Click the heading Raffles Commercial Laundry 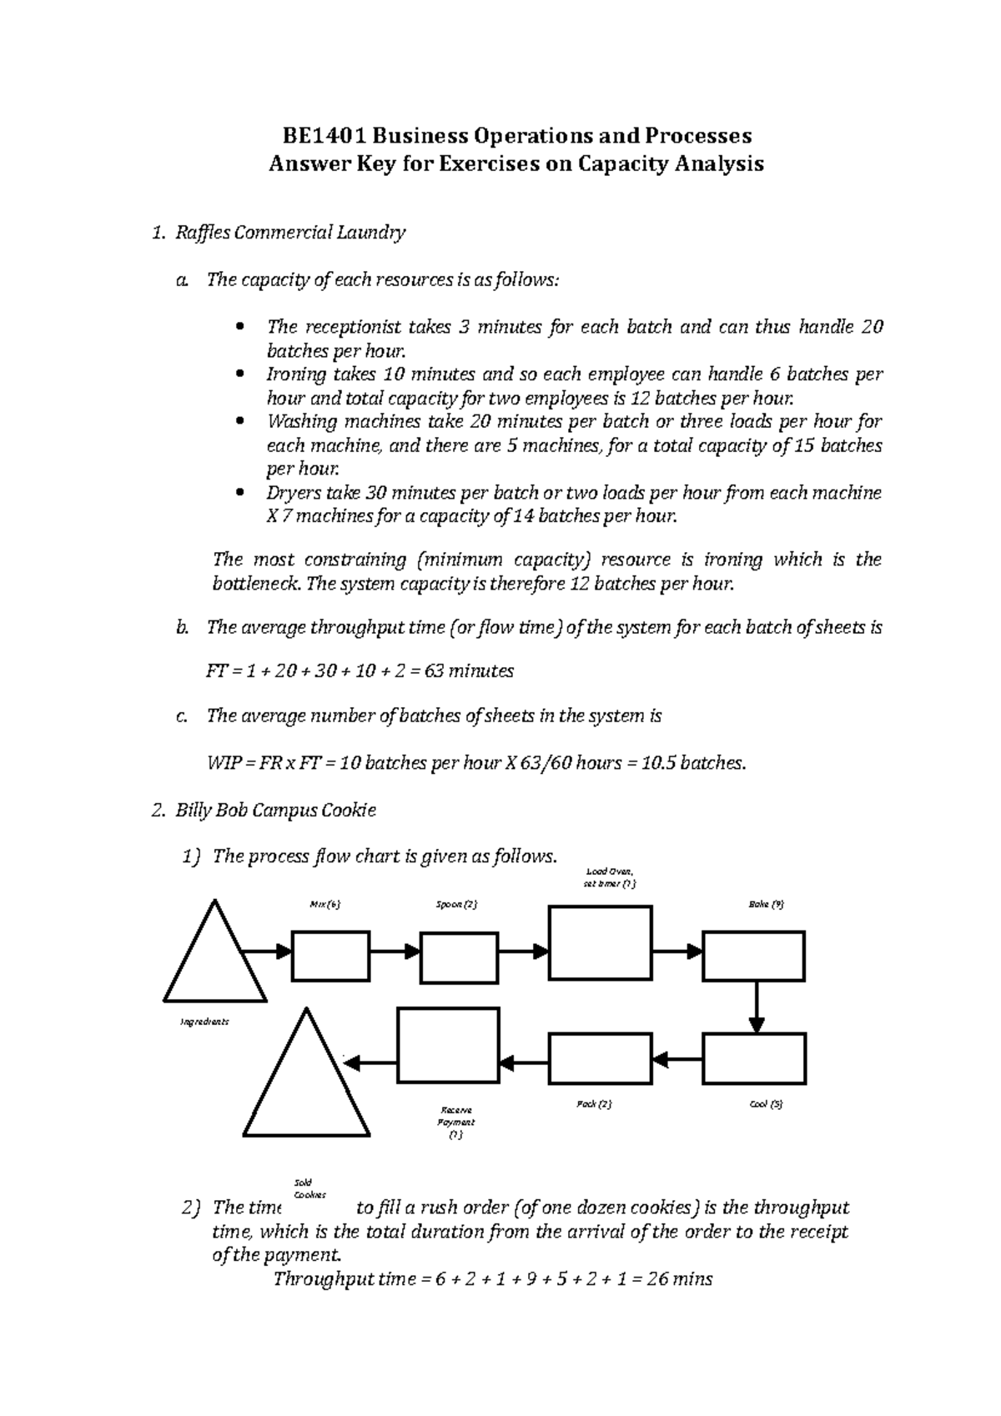coord(289,233)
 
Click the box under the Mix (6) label coord(330,957)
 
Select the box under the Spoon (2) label coord(459,957)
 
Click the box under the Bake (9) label coord(754,957)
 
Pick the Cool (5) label coord(766,1104)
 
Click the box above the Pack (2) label coord(600,1058)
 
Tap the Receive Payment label coord(456,1122)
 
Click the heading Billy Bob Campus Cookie coord(275,811)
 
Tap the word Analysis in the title coord(719,163)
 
